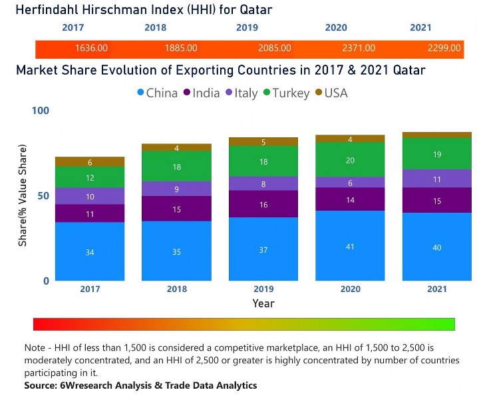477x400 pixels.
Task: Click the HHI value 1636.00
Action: point(92,48)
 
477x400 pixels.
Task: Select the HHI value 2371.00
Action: point(359,48)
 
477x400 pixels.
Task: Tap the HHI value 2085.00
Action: point(274,48)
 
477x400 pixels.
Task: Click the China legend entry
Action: point(156,93)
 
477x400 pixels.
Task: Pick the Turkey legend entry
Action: point(285,93)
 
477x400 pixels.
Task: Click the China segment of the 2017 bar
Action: point(90,251)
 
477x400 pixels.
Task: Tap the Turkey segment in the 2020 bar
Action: point(351,160)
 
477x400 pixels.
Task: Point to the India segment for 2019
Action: point(264,204)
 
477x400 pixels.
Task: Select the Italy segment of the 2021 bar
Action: point(438,179)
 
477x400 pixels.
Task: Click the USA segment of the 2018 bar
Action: point(176,147)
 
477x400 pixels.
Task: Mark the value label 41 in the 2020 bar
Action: point(351,246)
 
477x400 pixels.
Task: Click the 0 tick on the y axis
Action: point(46,281)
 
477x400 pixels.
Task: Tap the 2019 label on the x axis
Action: point(263,289)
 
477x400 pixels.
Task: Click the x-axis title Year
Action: point(263,303)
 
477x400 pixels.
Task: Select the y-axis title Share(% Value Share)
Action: point(23,194)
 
